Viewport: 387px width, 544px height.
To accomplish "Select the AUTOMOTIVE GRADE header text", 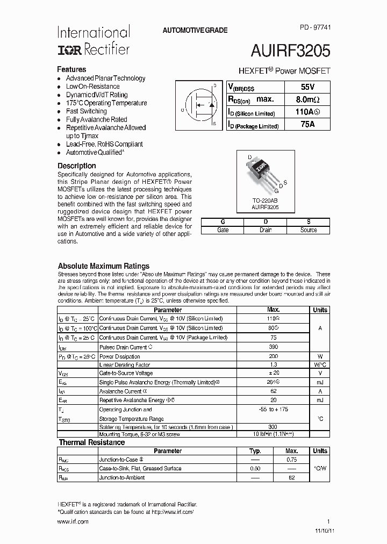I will tap(195, 31).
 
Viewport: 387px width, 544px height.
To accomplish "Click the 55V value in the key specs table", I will tap(307, 87).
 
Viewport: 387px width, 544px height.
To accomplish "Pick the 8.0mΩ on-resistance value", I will tap(307, 100).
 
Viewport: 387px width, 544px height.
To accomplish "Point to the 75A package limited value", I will tap(307, 125).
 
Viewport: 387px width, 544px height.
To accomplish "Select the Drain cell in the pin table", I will tap(266, 230).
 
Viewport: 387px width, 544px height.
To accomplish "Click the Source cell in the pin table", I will tap(308, 230).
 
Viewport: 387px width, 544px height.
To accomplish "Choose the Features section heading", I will tap(71, 69).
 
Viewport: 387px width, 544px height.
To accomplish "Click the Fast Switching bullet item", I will tap(86, 111).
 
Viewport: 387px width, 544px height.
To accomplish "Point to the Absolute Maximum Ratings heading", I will tap(103, 266).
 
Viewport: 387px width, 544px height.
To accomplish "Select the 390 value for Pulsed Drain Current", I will tap(273, 347).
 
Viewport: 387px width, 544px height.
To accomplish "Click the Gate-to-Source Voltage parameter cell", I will tap(126, 373).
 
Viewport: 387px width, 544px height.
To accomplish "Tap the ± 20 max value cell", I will tap(273, 373).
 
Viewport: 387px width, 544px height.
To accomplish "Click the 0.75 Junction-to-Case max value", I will tap(291, 460).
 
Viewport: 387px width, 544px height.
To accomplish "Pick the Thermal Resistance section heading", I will tap(91, 442).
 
